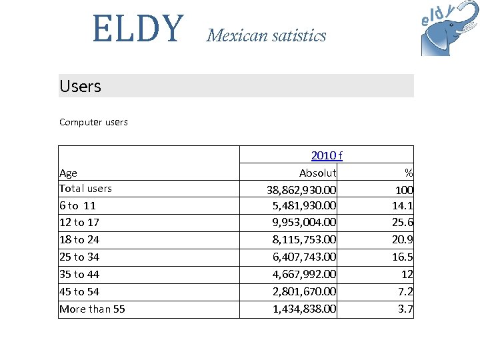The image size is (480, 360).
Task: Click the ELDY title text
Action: click(x=137, y=29)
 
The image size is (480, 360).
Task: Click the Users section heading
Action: click(x=80, y=86)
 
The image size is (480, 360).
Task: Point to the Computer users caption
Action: click(x=93, y=122)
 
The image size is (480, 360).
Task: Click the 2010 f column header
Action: click(x=327, y=155)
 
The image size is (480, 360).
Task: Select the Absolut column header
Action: click(x=317, y=173)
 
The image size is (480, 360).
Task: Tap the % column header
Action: click(x=409, y=173)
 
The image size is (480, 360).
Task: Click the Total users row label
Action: click(x=85, y=189)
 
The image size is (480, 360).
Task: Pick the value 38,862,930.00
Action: click(x=301, y=189)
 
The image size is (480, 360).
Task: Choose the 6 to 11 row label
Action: click(x=77, y=206)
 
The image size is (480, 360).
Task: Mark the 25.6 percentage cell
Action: click(x=403, y=223)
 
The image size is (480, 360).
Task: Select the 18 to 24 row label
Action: click(x=79, y=240)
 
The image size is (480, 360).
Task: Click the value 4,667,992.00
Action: click(x=304, y=275)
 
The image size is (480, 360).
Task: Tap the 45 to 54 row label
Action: click(x=79, y=292)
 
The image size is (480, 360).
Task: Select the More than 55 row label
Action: click(x=92, y=309)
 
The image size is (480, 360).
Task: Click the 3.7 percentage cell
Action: click(x=405, y=309)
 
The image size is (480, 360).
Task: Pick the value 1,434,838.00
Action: click(x=304, y=309)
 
